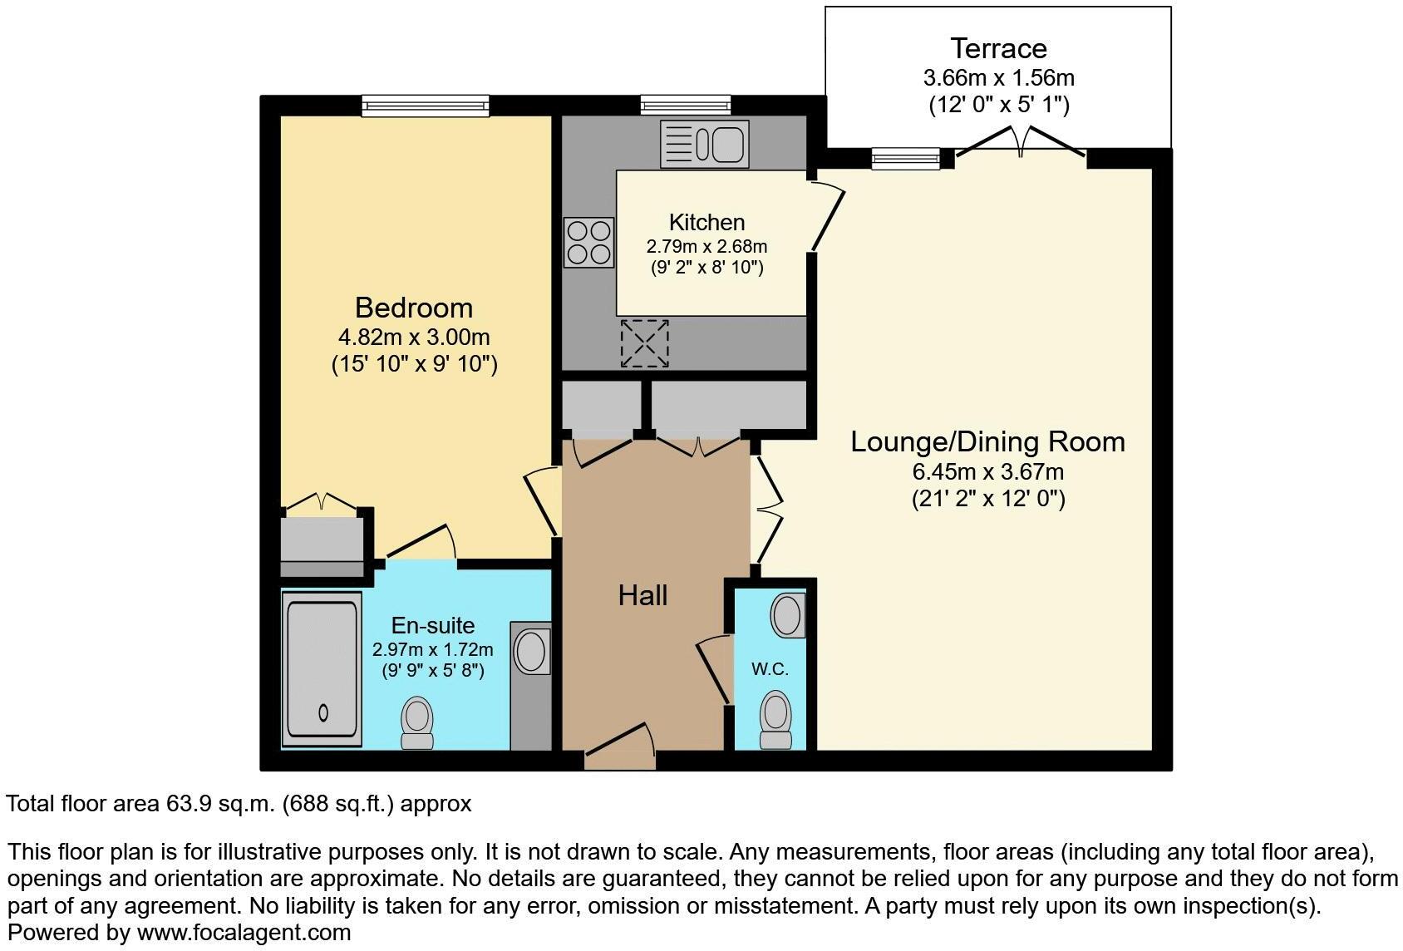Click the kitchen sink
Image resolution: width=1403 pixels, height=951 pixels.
(x=704, y=143)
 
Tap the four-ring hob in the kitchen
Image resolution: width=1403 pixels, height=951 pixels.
(x=588, y=242)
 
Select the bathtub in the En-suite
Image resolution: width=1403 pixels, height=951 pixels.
(x=322, y=669)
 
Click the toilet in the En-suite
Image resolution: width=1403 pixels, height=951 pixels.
(x=417, y=722)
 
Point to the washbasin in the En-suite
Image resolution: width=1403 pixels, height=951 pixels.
(x=530, y=651)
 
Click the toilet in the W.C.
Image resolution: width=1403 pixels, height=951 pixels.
(x=776, y=721)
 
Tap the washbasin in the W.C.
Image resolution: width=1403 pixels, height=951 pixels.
(x=787, y=615)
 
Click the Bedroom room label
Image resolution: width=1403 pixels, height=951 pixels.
(x=413, y=308)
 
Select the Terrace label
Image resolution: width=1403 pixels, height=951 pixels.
(x=998, y=48)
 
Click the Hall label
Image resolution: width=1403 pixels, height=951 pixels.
(x=642, y=595)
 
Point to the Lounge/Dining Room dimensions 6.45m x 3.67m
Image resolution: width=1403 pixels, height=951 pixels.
(x=987, y=472)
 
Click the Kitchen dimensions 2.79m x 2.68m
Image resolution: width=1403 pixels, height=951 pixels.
(x=706, y=247)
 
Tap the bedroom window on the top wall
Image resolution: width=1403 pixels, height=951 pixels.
(x=426, y=106)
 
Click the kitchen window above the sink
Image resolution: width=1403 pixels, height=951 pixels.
(x=685, y=105)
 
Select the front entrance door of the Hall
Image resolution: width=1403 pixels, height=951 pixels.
(x=620, y=747)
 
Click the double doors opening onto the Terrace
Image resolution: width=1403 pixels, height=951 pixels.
(x=1021, y=143)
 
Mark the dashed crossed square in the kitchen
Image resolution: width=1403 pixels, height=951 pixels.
(x=644, y=343)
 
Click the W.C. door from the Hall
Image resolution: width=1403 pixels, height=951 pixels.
(x=713, y=672)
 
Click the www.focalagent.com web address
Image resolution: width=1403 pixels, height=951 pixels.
(x=244, y=933)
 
